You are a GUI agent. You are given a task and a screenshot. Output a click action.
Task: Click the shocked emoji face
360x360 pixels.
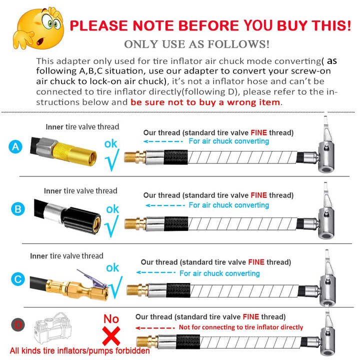click(x=38, y=28)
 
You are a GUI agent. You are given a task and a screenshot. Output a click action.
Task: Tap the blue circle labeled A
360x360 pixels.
click(x=15, y=146)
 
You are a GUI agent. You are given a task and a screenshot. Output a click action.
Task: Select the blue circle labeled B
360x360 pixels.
click(x=18, y=209)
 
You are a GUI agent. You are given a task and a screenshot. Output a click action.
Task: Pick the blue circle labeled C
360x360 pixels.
click(x=18, y=279)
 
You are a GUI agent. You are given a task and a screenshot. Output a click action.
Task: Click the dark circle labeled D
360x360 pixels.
click(x=18, y=324)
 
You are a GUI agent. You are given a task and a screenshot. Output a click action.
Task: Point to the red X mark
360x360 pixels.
click(x=111, y=336)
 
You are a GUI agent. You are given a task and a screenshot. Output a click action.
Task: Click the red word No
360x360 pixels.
click(x=111, y=319)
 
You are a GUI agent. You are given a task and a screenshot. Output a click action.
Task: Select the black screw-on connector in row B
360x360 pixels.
click(x=81, y=220)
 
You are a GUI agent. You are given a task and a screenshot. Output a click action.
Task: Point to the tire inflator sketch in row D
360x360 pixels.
click(x=52, y=328)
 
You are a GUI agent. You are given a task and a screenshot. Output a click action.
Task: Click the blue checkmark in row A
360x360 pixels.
click(x=112, y=160)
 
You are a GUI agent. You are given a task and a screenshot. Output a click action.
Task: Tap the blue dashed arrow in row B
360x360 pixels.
click(x=165, y=205)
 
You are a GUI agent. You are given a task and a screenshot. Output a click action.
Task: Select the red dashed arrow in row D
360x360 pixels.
click(x=155, y=328)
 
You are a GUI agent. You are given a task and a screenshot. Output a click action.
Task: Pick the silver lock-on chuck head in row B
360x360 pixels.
click(x=326, y=218)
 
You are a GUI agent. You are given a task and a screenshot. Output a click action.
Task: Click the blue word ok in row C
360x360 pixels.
click(x=112, y=267)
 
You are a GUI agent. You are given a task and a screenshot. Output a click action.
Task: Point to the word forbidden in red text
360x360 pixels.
click(x=132, y=351)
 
